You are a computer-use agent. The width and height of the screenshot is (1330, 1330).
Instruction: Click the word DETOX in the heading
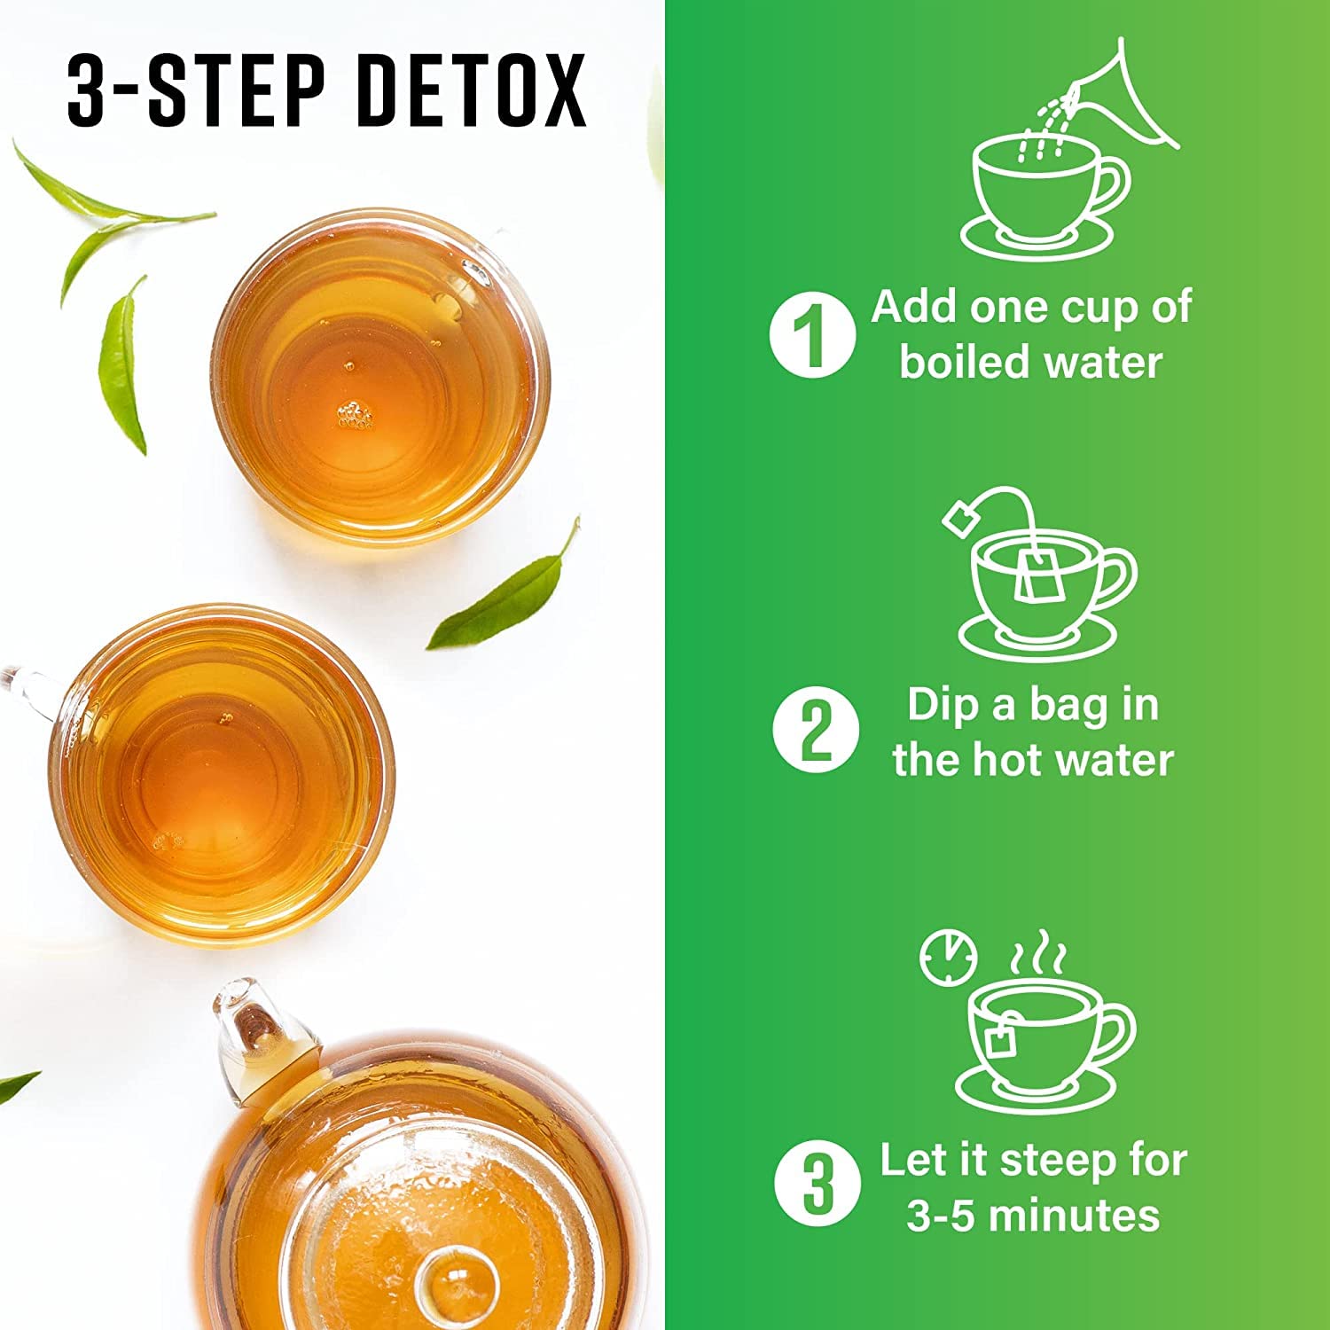pos(472,91)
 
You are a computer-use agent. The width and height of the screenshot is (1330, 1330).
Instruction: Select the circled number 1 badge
pos(811,335)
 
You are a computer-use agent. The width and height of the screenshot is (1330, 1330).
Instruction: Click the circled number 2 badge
pos(816,731)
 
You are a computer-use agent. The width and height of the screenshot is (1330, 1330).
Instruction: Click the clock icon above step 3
pos(948,958)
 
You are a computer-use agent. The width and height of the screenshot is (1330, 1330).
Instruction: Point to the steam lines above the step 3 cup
pos(1040,953)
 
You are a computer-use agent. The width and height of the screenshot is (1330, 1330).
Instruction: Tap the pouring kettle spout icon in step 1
pos(1126,98)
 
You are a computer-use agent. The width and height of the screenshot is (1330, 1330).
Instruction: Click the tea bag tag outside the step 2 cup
pos(960,518)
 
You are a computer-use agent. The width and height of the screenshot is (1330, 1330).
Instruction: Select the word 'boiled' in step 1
pos(955,363)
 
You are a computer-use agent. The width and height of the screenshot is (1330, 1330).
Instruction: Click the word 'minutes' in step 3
pos(1074,1216)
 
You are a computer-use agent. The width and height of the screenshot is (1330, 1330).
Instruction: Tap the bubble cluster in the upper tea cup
pos(355,415)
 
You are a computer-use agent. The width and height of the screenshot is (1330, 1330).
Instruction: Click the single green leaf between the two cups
pos(505,590)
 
